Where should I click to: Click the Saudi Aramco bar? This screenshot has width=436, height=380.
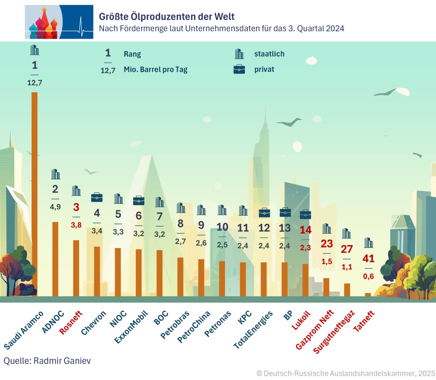pos(34,194)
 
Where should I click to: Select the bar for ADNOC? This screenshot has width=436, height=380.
pos(55,259)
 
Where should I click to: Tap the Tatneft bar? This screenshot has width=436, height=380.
pos(367,294)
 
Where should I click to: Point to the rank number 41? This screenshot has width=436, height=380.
pos(368,259)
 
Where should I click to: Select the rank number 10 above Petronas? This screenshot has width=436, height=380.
pos(222,227)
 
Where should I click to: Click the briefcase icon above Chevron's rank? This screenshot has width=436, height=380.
pos(97,197)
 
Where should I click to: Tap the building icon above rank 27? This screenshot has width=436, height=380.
pos(347,233)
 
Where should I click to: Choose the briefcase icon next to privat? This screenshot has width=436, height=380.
pos(239,69)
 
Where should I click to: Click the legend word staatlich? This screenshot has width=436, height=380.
pos(269,54)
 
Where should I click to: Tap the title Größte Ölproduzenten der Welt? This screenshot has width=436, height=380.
pos(166,17)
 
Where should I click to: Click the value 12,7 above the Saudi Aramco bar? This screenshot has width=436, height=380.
pos(34,82)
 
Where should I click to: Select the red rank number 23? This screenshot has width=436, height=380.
pos(326,243)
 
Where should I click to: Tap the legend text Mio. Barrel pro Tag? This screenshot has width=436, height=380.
pos(155,69)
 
